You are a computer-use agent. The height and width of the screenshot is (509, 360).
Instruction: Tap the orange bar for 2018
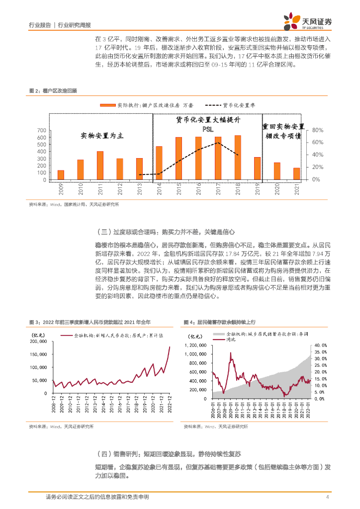(238, 157)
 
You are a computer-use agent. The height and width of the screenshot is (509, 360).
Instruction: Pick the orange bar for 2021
(296, 174)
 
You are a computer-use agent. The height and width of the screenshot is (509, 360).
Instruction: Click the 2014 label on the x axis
(159, 189)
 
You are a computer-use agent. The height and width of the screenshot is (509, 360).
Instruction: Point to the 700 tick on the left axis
(41, 130)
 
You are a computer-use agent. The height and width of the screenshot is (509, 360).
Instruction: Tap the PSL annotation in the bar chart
(208, 129)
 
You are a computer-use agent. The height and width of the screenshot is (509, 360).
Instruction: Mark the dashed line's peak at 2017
(218, 143)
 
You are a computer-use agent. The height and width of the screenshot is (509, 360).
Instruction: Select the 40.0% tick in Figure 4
(320, 344)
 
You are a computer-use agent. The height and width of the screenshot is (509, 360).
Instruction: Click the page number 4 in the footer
(327, 497)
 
